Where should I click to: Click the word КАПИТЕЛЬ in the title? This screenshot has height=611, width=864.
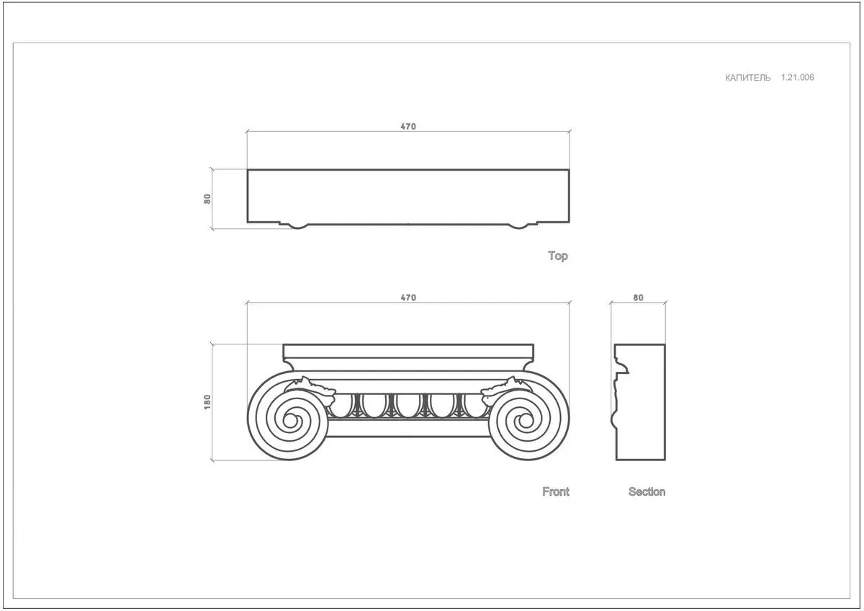[747, 78]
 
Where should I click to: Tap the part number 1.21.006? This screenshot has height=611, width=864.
[797, 77]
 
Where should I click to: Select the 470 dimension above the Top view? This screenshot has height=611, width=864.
[408, 126]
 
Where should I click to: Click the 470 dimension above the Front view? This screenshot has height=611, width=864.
[408, 298]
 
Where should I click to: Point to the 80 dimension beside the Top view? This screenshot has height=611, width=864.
[207, 199]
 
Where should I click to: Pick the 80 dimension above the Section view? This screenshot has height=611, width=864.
[638, 298]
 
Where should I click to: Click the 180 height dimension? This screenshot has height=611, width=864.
[207, 402]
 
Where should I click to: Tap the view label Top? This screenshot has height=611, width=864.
[558, 256]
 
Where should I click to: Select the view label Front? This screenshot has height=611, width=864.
[555, 491]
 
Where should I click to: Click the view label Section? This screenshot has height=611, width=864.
[647, 491]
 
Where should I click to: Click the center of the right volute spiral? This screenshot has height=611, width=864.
[526, 420]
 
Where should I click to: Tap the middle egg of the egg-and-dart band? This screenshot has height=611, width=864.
[408, 405]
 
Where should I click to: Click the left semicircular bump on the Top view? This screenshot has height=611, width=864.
[297, 226]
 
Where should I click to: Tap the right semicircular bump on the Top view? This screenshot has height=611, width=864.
[518, 226]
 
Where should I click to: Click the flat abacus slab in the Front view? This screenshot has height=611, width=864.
[408, 351]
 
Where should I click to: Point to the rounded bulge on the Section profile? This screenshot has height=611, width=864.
[613, 419]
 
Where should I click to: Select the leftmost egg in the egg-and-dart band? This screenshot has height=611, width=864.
[341, 405]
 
